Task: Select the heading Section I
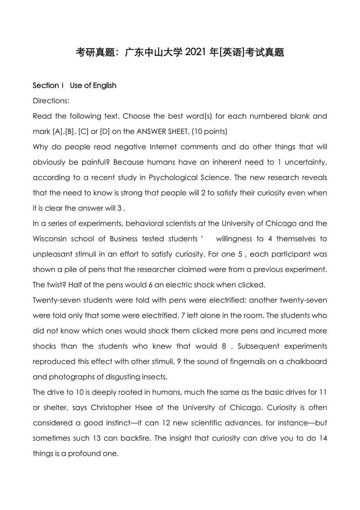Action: [x=46, y=85]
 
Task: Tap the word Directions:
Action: [x=51, y=101]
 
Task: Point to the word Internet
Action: [x=163, y=147]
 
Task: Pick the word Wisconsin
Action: [x=50, y=239]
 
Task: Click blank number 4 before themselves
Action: [x=270, y=239]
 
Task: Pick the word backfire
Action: [x=133, y=438]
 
